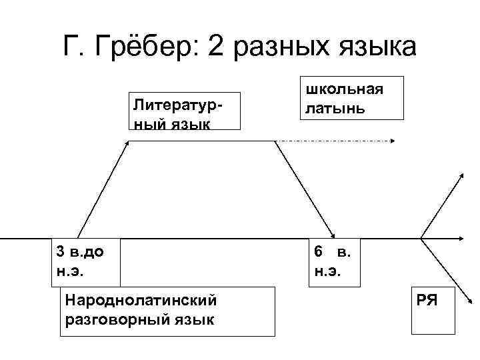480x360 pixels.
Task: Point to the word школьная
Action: point(345,89)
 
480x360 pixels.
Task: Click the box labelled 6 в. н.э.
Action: point(334,262)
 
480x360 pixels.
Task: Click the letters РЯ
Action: point(426,299)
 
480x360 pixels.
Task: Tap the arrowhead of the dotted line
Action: point(393,141)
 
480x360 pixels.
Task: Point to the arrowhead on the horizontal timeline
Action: point(461,237)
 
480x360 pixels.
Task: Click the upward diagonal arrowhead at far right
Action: point(461,175)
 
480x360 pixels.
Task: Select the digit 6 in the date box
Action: point(319,252)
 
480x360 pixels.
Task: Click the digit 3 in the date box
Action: point(61,252)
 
